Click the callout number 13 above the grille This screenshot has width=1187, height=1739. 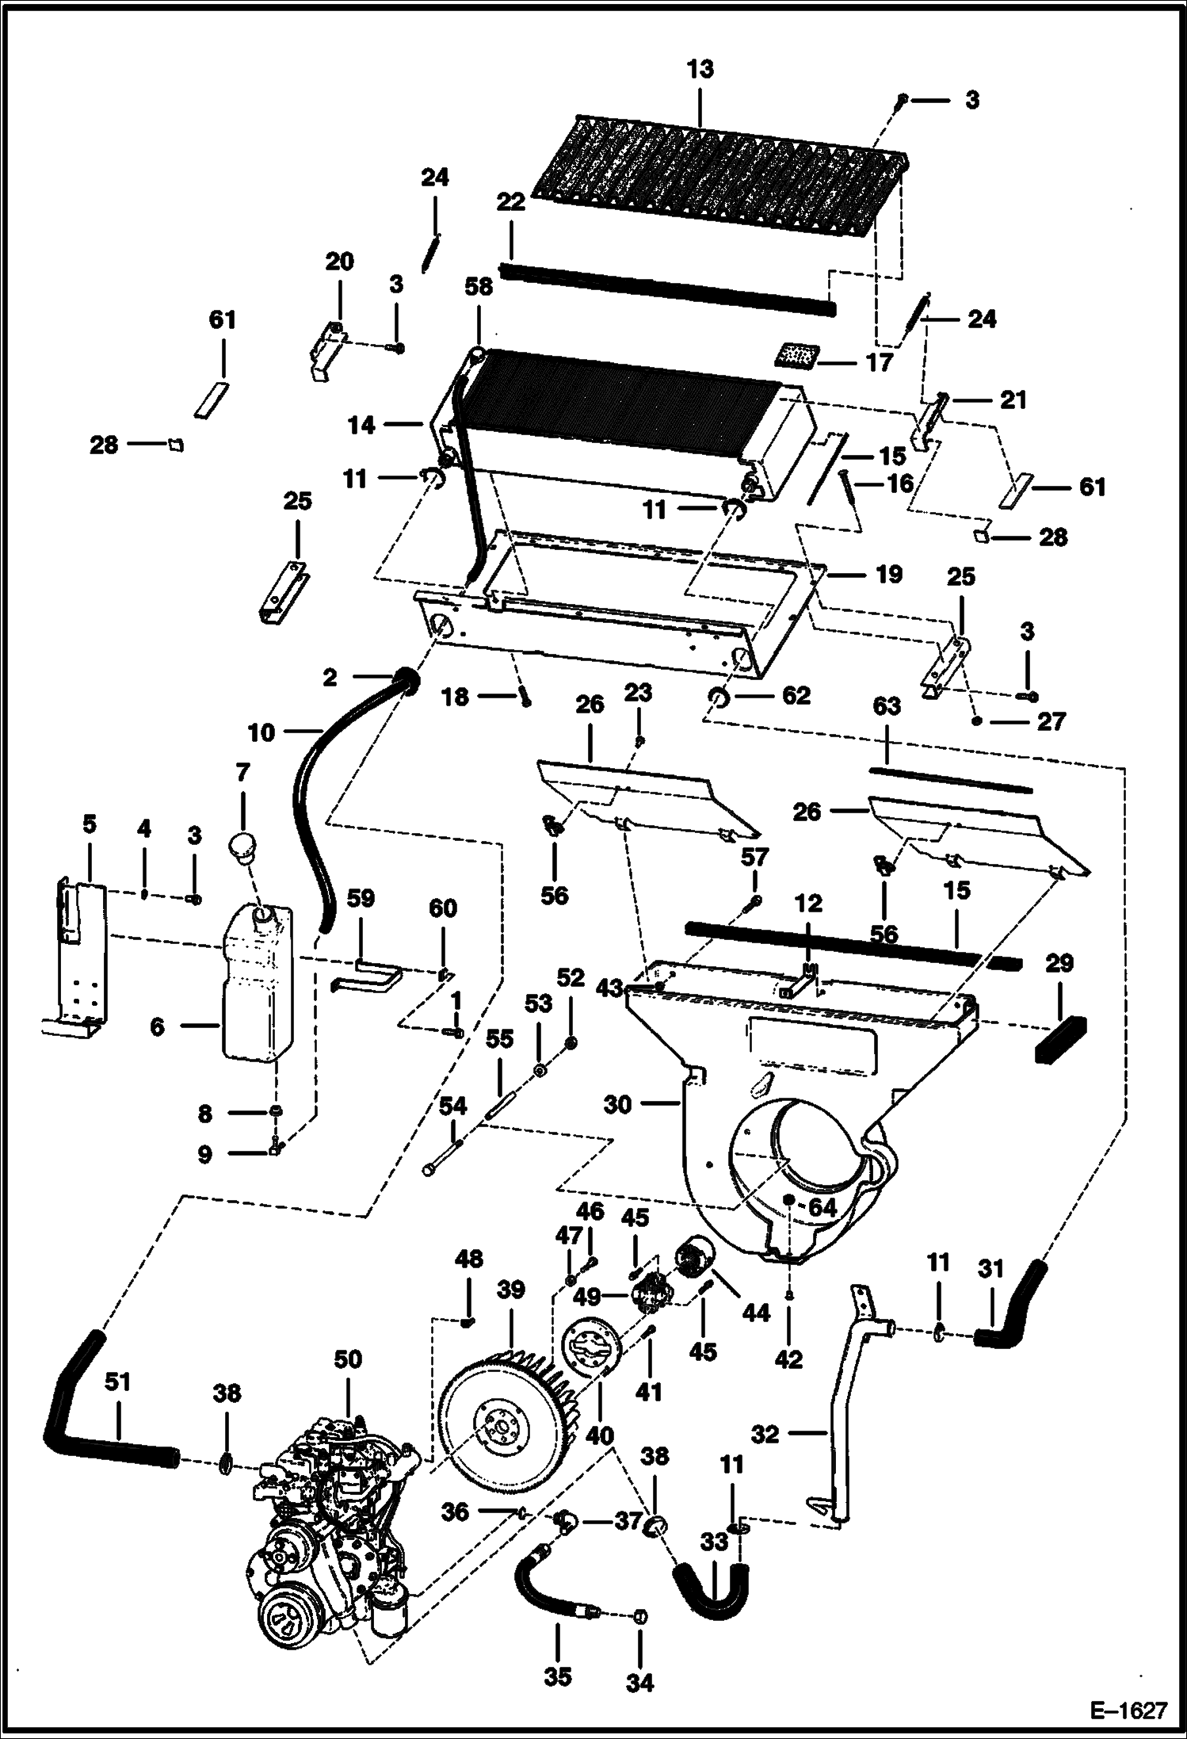[x=700, y=70]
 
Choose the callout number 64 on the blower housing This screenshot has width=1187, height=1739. [x=822, y=1208]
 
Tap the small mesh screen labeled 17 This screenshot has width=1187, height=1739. [x=796, y=354]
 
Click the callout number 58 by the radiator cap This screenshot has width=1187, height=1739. [x=479, y=286]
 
